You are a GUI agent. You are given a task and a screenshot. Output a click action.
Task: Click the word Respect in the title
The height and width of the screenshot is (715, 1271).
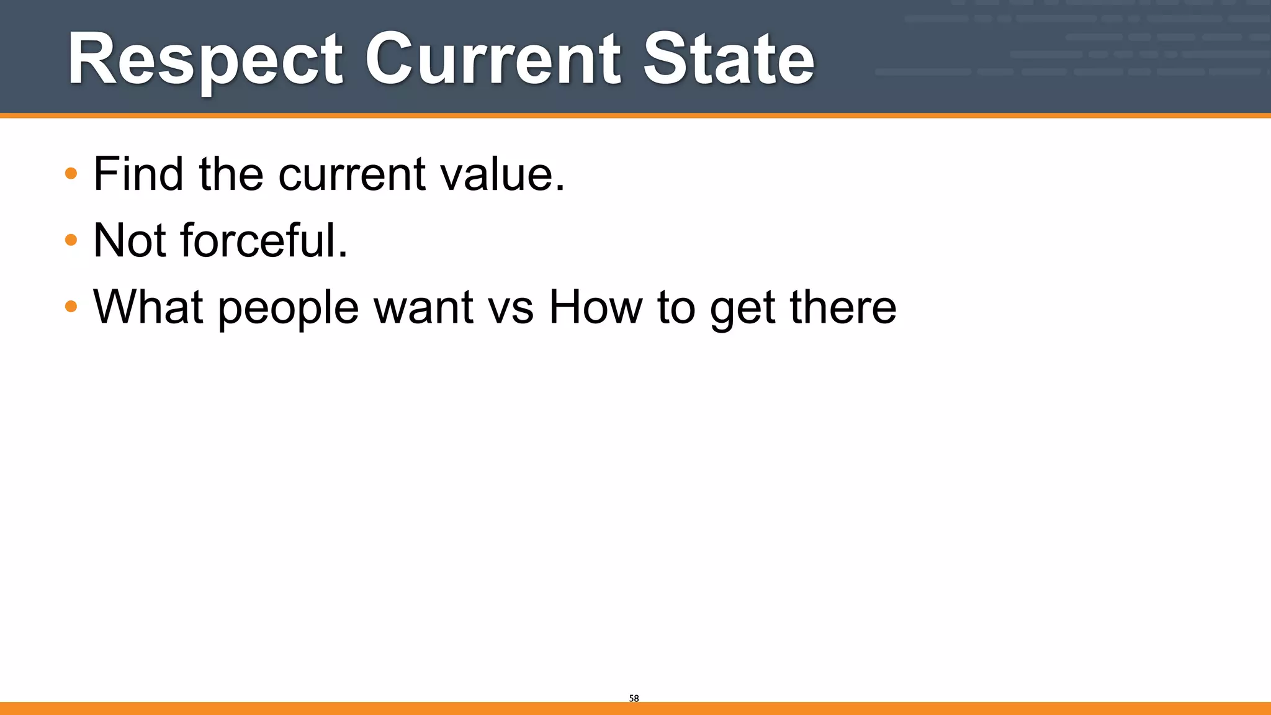coord(205,60)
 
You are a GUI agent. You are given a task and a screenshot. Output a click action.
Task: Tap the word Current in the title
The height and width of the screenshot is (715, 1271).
coord(493,60)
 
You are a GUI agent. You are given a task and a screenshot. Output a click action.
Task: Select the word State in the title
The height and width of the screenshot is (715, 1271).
coord(729,60)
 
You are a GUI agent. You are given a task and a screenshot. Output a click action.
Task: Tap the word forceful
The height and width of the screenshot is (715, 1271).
coord(264,240)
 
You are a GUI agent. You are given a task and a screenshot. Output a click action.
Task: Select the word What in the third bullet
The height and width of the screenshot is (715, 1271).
coord(148,307)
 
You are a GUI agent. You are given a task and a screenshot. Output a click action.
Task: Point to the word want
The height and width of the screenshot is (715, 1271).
coord(424,308)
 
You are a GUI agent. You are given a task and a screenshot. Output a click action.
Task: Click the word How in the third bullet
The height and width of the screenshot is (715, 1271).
coord(595,307)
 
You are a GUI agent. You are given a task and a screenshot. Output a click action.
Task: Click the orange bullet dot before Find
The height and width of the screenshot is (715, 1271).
coord(71,173)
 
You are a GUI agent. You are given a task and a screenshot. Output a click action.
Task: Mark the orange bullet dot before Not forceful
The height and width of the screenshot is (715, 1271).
coord(71,240)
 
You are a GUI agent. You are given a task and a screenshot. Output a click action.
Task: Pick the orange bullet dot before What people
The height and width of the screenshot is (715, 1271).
coord(71,306)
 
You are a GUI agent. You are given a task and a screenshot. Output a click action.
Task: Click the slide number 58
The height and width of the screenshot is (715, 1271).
coord(634,698)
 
